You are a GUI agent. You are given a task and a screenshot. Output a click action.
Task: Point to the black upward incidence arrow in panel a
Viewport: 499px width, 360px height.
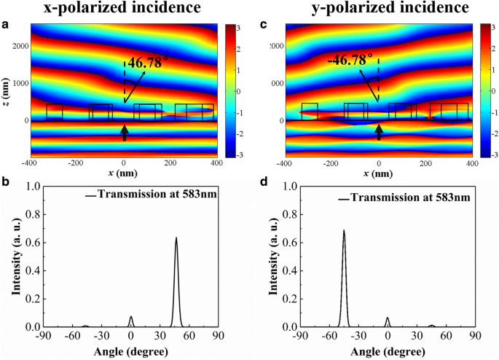coord(125,132)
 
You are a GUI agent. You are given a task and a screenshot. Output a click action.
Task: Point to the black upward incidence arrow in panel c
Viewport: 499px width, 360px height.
coord(379,132)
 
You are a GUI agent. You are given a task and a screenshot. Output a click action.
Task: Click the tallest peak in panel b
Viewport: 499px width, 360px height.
coord(176,239)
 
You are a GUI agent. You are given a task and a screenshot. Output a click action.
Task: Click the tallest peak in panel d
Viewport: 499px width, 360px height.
coord(344,232)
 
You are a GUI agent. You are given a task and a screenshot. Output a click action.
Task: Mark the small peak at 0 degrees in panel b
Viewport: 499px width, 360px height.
coord(131,317)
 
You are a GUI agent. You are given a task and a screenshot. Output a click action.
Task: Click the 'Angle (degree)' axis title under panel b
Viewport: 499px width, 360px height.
coord(131,352)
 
